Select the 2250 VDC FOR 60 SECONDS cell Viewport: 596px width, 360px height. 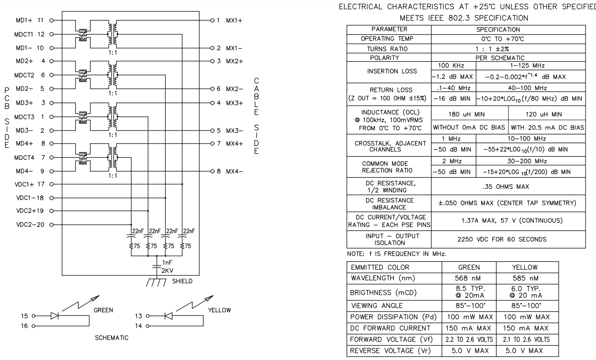tap(508, 240)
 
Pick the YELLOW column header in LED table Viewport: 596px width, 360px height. tap(527, 267)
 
